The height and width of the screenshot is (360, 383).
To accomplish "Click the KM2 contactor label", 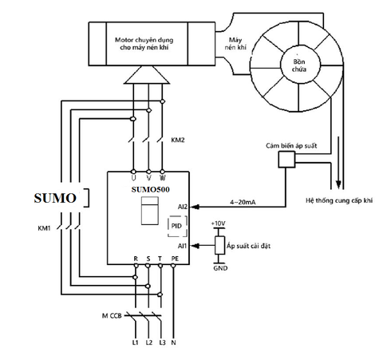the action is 178,140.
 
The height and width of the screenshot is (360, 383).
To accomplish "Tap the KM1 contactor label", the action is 44,228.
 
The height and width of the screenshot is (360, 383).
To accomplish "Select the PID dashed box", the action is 177,226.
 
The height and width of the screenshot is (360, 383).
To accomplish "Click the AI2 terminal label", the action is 183,207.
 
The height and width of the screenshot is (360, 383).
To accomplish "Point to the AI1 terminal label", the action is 182,246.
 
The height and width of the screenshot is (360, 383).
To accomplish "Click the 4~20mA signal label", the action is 243,202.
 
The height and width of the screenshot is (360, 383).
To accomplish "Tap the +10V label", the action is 218,224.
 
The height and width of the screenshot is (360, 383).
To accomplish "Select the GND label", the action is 220,268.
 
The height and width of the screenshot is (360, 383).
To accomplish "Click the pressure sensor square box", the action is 286,160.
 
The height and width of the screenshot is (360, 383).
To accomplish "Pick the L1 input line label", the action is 136,342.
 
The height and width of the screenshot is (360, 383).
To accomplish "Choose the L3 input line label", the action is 162,342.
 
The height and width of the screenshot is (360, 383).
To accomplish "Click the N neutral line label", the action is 173,342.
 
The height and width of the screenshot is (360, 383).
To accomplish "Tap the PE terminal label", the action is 175,259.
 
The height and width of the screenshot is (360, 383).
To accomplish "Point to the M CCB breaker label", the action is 112,316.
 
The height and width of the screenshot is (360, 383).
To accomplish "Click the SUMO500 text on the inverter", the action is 150,189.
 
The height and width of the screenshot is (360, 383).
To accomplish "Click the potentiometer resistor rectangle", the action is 219,245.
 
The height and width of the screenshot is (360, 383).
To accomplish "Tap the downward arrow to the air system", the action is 338,163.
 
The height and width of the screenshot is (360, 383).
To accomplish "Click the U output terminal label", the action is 133,178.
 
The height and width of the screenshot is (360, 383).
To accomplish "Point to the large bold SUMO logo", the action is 55,198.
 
